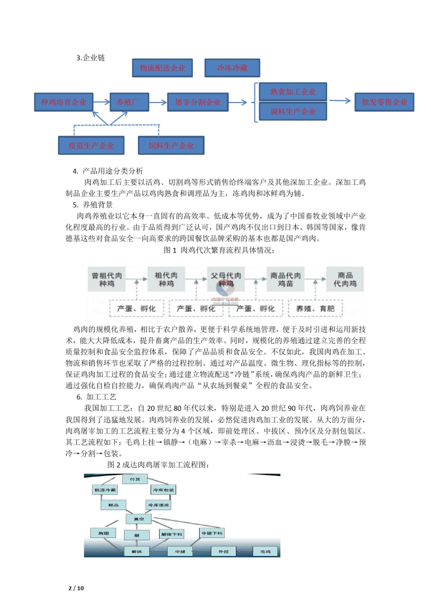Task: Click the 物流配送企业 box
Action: (162, 68)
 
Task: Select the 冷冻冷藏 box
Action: (232, 68)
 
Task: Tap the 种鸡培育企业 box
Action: (64, 102)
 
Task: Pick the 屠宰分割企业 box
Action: (198, 102)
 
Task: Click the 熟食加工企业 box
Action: (293, 92)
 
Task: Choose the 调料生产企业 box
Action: (293, 112)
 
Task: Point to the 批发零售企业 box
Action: (384, 102)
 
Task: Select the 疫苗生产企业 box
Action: (91, 146)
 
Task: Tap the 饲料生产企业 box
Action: (171, 146)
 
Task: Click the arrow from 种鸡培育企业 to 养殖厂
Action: (101, 102)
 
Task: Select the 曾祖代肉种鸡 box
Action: (107, 280)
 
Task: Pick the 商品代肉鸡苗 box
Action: (285, 280)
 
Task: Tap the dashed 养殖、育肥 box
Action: (315, 309)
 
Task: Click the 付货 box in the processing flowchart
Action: (135, 479)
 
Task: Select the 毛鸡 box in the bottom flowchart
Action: (265, 551)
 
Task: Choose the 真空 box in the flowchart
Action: (138, 519)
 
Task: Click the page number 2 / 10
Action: (76, 588)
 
